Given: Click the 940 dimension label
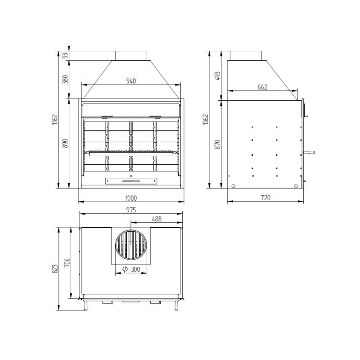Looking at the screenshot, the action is tap(131, 81).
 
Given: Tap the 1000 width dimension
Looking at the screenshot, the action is tap(131, 198).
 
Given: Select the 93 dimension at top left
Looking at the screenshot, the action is tap(65, 55).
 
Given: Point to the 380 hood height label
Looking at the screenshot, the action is tap(65, 79).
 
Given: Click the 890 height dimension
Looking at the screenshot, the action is tap(65, 143).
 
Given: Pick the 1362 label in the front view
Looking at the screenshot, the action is tap(55, 119).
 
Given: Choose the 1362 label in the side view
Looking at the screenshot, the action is tap(206, 119).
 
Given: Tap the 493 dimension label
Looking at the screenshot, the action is tap(217, 76).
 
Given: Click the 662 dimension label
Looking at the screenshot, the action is tap(262, 87).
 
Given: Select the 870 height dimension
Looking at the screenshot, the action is tap(217, 144).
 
